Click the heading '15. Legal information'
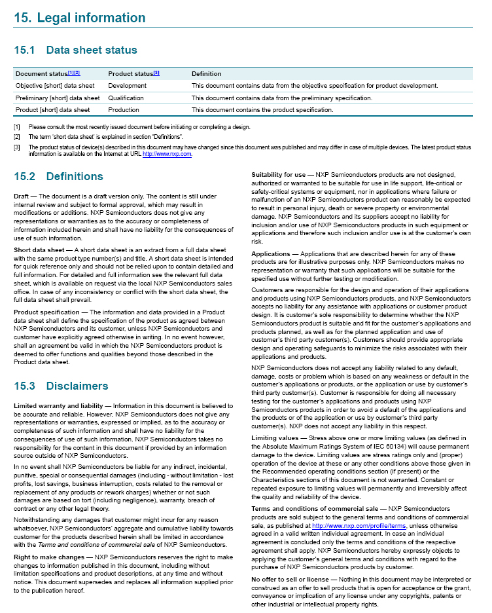tap(80, 18)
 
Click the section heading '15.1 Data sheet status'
tap(76, 50)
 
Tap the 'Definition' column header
tap(207, 73)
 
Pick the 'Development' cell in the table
tap(128, 86)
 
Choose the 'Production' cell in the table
tap(124, 109)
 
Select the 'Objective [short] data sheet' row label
tap(55, 86)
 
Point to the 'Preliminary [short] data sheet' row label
tap(58, 98)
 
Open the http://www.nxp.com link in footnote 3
tap(167, 155)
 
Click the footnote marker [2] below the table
tap(17, 137)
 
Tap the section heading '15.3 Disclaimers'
tap(61, 386)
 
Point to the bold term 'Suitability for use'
tap(279, 176)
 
